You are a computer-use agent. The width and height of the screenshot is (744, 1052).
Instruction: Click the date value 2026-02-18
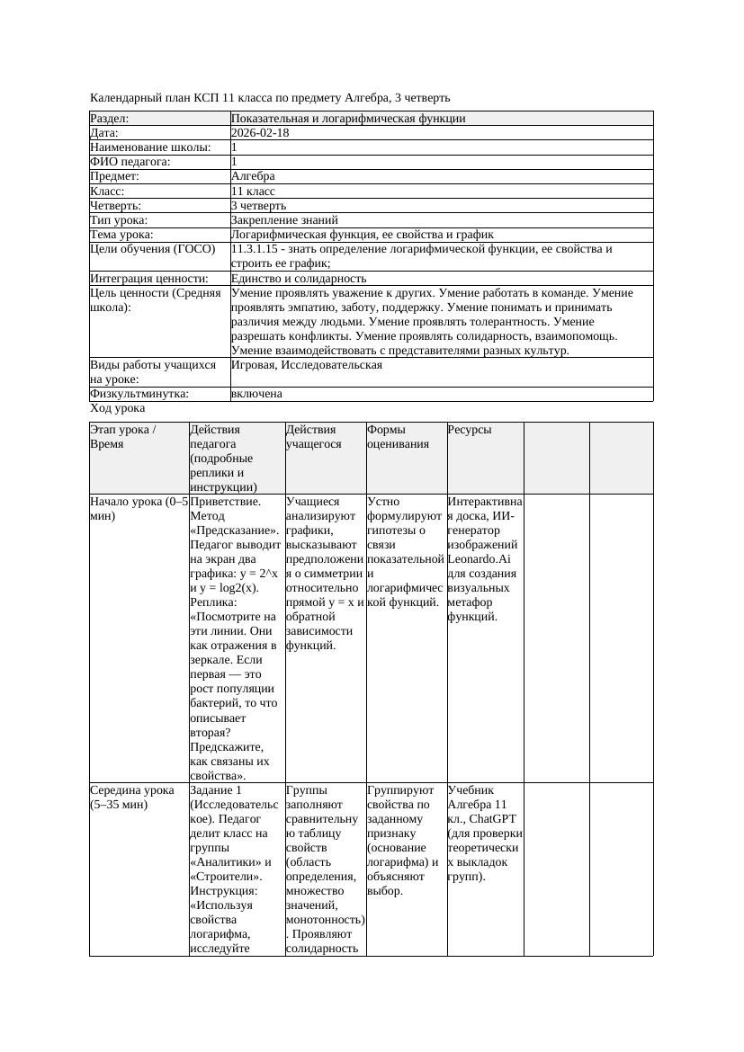[260, 133]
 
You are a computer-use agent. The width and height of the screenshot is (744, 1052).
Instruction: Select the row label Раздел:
[110, 119]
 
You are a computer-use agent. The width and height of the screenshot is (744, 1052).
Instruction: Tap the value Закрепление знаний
[284, 219]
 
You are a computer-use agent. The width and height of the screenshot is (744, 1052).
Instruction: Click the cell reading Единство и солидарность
[299, 279]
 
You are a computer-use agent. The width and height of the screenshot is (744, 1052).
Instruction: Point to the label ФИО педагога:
[130, 162]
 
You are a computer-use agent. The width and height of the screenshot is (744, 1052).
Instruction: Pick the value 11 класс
[253, 191]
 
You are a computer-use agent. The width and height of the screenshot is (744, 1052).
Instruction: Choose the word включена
[256, 394]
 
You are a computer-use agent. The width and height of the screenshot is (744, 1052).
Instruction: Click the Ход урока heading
[118, 408]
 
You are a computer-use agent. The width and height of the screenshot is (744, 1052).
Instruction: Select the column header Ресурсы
[470, 430]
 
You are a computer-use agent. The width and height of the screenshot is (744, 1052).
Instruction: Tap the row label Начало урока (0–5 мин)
[139, 509]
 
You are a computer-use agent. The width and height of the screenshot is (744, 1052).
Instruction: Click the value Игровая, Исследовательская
[307, 365]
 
